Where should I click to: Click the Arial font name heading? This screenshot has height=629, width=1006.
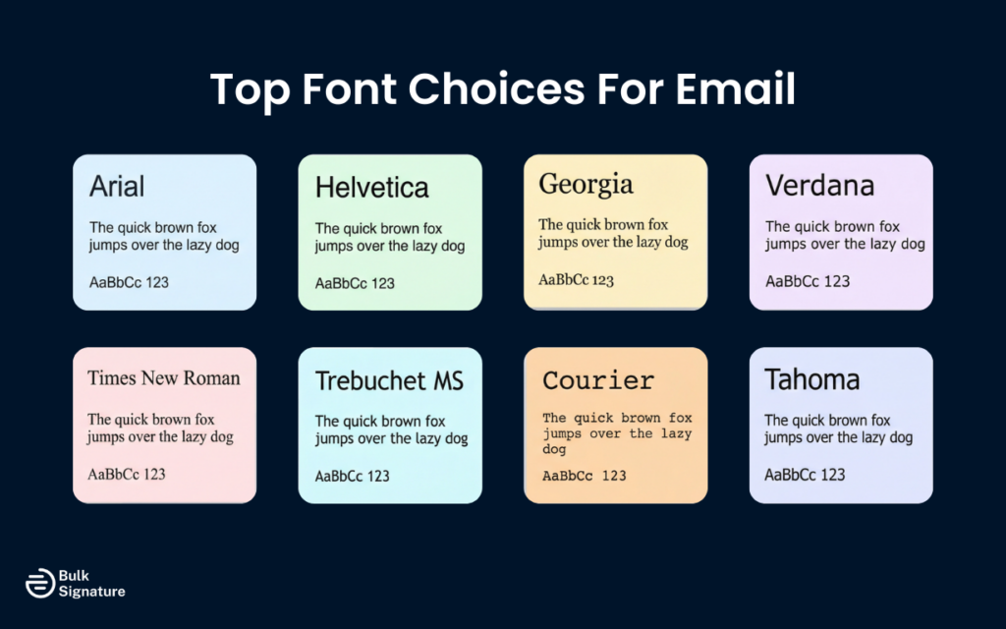pos(117,186)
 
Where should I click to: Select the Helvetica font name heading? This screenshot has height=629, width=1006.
pos(371,187)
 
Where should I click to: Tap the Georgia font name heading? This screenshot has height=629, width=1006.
pos(586,184)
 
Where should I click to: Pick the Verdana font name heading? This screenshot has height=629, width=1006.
pos(819,185)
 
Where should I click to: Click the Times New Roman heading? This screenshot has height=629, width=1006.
pos(163,378)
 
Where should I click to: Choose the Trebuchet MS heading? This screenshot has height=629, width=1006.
pos(389,380)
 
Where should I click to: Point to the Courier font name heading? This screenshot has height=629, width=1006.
pos(598,380)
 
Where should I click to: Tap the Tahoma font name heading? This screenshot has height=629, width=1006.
pos(811,379)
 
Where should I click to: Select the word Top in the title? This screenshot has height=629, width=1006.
pos(248,90)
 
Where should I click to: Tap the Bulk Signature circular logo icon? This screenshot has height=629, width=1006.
pos(40,583)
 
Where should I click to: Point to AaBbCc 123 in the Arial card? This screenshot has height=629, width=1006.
pos(129,283)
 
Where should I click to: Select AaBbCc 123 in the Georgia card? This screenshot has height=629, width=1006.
pos(576,280)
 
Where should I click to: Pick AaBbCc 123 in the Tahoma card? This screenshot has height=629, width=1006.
pos(805,475)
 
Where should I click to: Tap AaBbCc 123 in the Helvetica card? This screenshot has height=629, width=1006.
pos(355,284)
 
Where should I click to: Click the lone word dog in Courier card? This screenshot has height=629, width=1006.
pos(554,449)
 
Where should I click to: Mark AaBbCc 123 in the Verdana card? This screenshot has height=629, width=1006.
pos(808,281)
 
